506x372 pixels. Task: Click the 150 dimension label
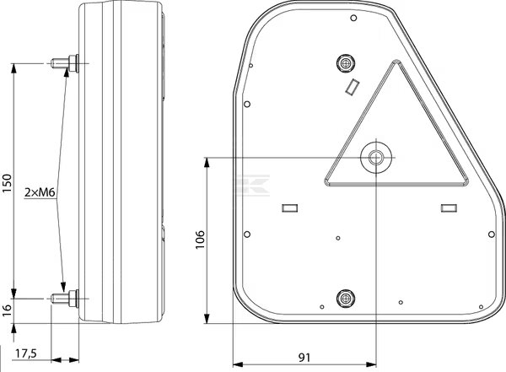[7, 183]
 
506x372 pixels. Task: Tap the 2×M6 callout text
[40, 193]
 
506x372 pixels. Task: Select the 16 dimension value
[7, 310]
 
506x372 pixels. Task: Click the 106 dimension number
[200, 240]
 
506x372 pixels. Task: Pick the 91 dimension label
[304, 358]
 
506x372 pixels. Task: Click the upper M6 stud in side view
[65, 63]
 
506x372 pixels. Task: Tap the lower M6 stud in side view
[65, 299]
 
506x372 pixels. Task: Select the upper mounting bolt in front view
[346, 62]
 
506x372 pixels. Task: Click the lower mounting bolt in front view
[346, 299]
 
